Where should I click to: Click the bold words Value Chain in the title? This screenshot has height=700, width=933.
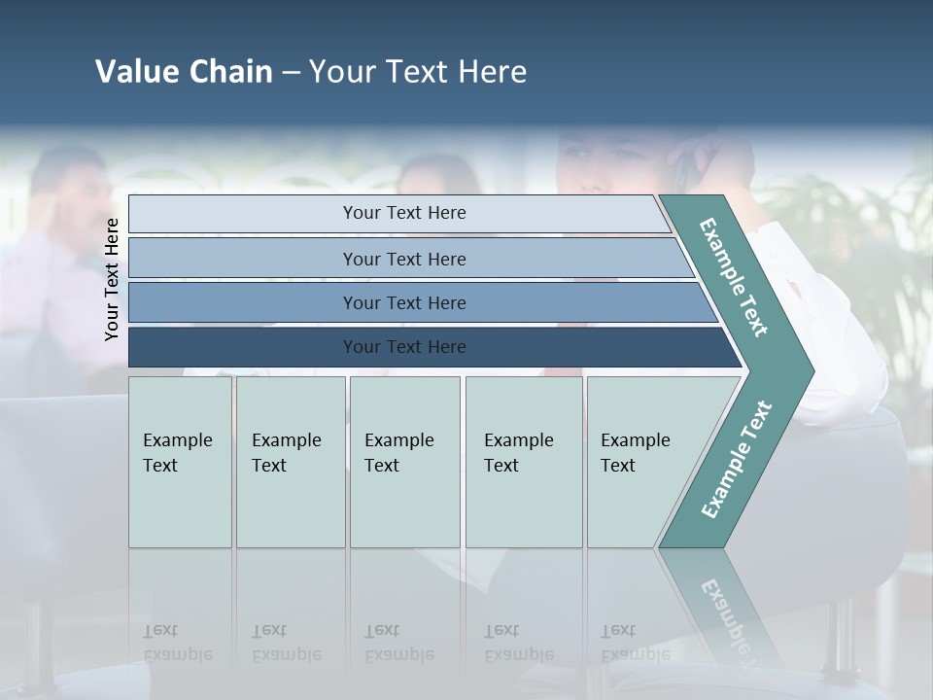click(184, 72)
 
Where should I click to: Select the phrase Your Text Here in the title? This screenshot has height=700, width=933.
click(418, 72)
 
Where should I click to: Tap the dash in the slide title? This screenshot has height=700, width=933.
click(291, 73)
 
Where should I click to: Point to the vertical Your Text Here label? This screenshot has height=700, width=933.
click(112, 279)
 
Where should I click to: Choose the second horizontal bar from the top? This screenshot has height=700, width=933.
click(403, 259)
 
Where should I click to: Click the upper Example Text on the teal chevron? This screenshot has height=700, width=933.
click(734, 277)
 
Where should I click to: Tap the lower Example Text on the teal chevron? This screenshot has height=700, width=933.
click(736, 459)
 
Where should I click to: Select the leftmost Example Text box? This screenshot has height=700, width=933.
click(180, 462)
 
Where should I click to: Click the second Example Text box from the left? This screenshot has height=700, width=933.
click(290, 462)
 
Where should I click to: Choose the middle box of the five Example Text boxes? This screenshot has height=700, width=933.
click(404, 462)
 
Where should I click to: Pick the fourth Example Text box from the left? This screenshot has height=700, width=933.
click(523, 462)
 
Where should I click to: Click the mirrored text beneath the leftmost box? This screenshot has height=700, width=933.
click(178, 643)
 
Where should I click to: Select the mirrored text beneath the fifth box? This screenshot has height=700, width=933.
click(635, 643)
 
